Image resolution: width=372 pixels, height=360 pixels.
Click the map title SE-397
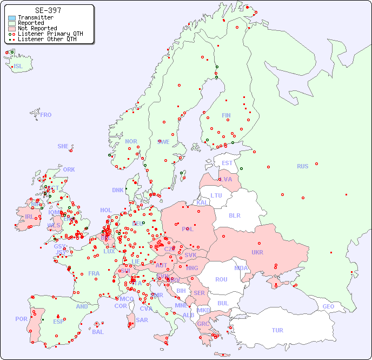point(48,10)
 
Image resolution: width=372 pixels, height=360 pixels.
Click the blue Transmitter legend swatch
point(12,18)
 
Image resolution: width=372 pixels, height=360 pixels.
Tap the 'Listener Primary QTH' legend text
point(50,34)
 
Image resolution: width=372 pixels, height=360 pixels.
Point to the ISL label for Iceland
point(18,67)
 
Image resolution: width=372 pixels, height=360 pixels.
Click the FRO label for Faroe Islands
point(46,115)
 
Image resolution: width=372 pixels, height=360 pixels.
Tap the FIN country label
point(226,115)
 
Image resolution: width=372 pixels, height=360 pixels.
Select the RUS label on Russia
point(302,166)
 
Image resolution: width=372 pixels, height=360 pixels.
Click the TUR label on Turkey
point(277,330)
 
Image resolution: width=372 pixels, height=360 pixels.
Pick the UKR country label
point(257,252)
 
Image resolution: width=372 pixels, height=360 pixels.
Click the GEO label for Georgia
point(328,306)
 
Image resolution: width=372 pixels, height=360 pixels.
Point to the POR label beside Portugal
point(21,319)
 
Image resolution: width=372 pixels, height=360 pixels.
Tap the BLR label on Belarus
point(234,215)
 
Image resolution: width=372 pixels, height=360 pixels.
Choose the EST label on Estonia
point(227,163)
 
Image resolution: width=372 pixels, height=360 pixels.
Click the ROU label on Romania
point(221,279)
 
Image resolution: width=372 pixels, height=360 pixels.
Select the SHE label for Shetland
point(63,146)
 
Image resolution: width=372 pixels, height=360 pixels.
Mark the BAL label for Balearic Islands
point(97,332)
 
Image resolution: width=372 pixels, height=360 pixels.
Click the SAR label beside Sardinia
point(142,319)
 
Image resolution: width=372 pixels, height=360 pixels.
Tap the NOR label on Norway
point(131,141)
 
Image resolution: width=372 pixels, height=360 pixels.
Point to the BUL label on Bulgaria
point(223,303)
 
